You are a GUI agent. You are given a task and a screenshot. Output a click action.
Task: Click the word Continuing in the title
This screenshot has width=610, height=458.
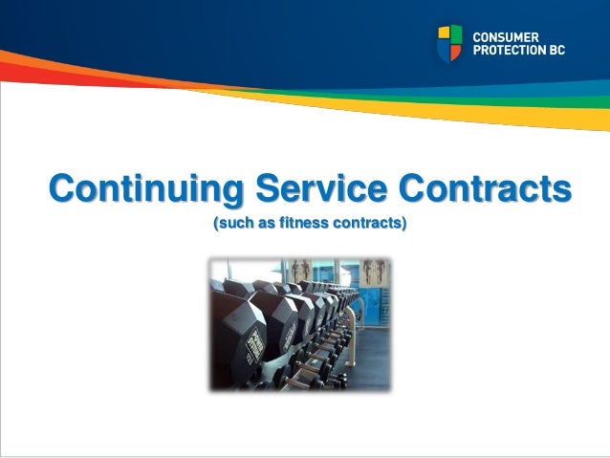tap(141, 188)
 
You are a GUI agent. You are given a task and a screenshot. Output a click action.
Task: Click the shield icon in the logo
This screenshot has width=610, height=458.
tap(449, 43)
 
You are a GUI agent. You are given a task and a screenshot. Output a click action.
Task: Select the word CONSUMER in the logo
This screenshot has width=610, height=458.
tap(507, 34)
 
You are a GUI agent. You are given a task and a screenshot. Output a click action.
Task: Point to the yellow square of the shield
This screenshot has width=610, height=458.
tap(443, 33)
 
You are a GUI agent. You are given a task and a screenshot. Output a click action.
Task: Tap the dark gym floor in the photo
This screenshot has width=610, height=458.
tap(373, 368)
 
